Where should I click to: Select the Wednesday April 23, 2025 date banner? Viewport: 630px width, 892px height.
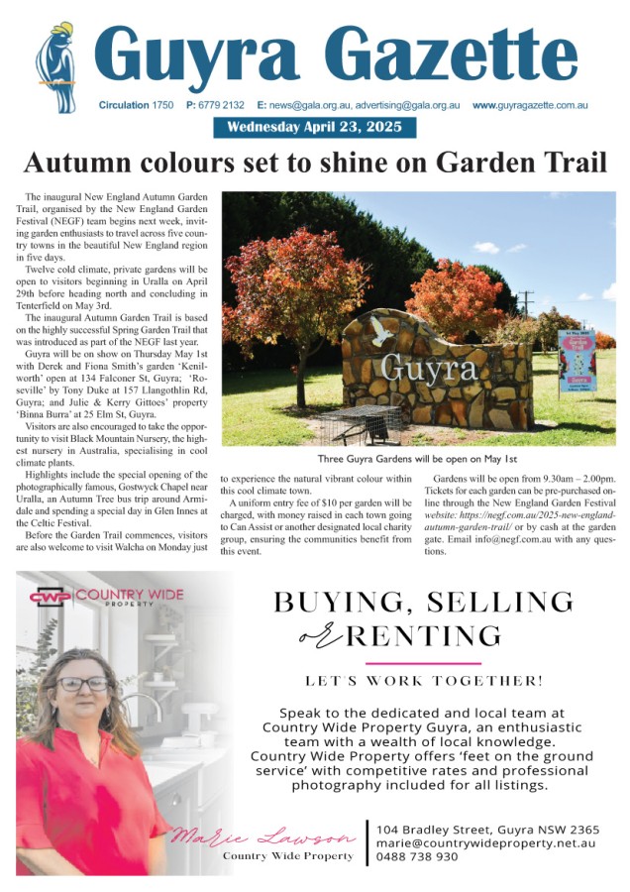[315, 128]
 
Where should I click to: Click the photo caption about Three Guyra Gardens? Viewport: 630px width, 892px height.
[418, 460]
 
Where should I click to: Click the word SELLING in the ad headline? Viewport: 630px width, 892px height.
[498, 601]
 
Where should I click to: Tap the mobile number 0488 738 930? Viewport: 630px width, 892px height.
[418, 857]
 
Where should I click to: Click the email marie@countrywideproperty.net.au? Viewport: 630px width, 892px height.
[485, 842]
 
